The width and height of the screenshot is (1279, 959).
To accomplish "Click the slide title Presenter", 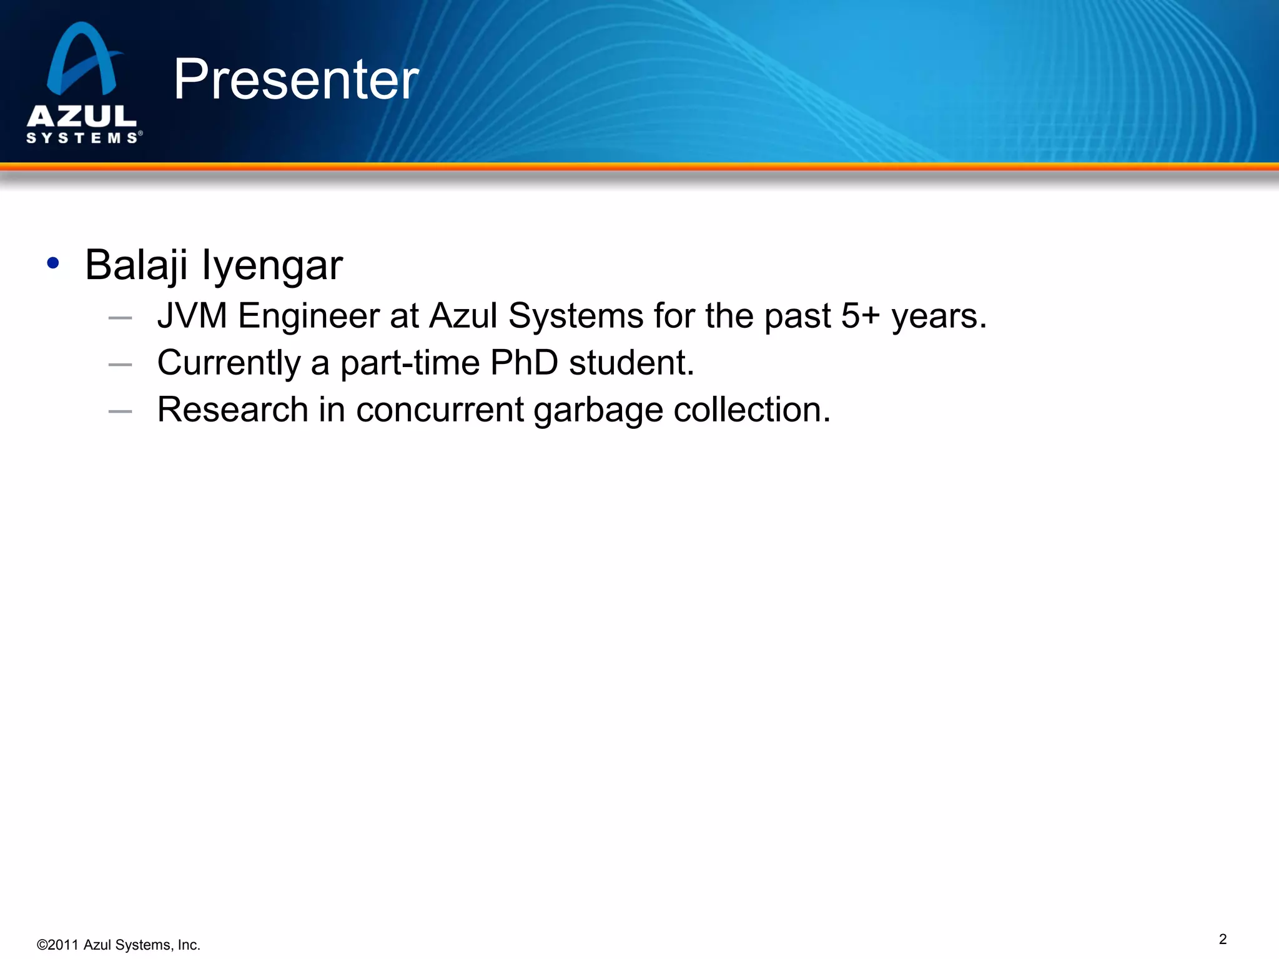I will click(295, 79).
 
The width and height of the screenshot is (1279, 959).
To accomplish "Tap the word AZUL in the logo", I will click(82, 116).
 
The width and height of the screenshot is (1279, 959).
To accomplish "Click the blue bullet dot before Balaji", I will click(53, 263).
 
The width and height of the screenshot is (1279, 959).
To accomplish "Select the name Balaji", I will click(136, 265).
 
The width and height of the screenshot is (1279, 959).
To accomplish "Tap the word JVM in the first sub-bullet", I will click(192, 315).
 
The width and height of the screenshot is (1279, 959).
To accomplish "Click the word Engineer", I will click(308, 316).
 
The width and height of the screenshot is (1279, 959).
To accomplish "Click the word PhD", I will click(523, 363).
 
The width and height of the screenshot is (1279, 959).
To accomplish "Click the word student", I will click(631, 363).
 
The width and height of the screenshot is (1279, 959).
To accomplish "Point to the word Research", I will click(232, 410).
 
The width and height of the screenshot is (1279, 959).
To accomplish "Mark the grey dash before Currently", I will click(120, 365).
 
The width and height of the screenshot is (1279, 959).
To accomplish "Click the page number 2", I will click(1223, 939).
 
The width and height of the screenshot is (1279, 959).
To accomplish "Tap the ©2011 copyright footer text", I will click(119, 945).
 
